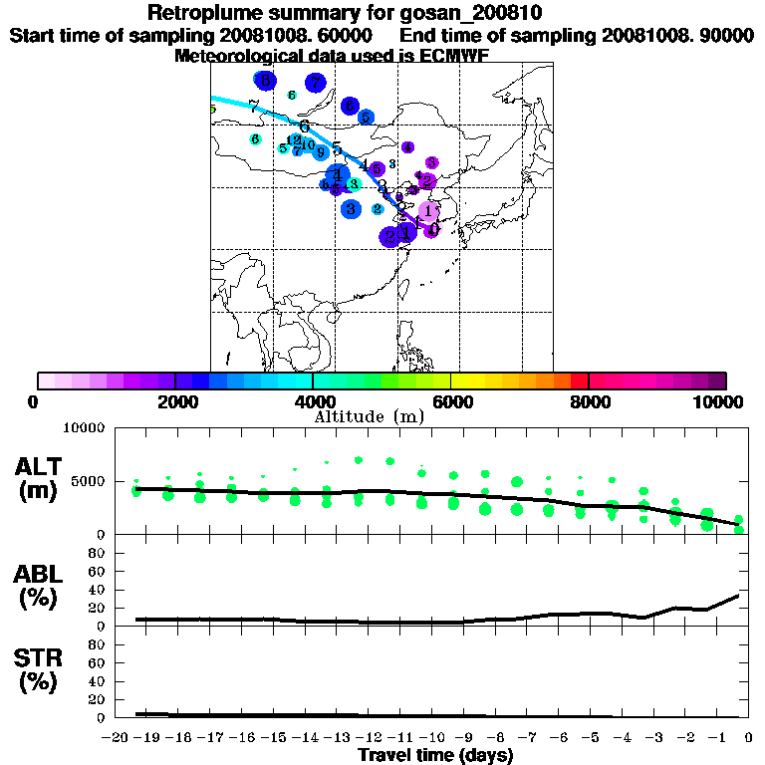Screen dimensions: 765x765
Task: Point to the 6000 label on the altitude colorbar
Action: pos(450,401)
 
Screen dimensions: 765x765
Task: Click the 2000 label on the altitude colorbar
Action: pos(175,401)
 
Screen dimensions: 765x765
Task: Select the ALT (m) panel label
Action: pos(39,478)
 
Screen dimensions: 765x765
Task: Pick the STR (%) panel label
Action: pos(39,670)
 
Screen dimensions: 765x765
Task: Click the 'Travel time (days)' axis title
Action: pos(435,756)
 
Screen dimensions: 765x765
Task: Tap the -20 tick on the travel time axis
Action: pos(117,739)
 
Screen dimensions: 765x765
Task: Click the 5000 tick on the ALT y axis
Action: pos(91,481)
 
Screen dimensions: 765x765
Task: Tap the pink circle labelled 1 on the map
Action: pos(428,211)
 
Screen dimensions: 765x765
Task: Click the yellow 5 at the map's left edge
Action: pos(212,110)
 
